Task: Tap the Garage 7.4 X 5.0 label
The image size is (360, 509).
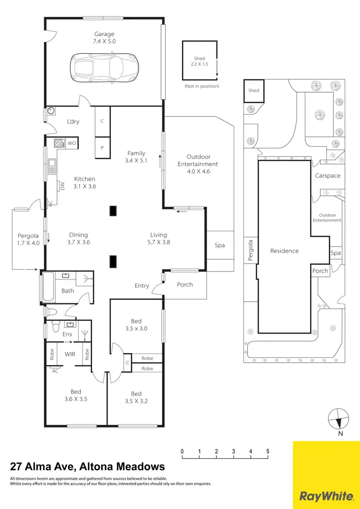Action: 104,37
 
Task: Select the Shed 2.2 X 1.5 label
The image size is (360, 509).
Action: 199,61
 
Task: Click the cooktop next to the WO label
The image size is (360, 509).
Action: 60,143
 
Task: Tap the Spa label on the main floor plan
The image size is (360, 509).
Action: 219,245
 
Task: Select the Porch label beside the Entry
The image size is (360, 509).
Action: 185,284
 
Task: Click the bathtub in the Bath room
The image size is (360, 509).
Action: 48,287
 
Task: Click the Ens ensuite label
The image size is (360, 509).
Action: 68,334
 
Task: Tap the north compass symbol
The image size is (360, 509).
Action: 339,420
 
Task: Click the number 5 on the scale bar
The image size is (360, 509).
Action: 268,451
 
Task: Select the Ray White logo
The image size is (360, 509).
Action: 326,475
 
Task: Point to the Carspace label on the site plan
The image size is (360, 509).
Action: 327,176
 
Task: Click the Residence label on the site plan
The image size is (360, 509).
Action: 284,250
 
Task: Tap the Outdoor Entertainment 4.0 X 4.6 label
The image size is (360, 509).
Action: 198,164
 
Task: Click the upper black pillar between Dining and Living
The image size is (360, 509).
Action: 113,211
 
